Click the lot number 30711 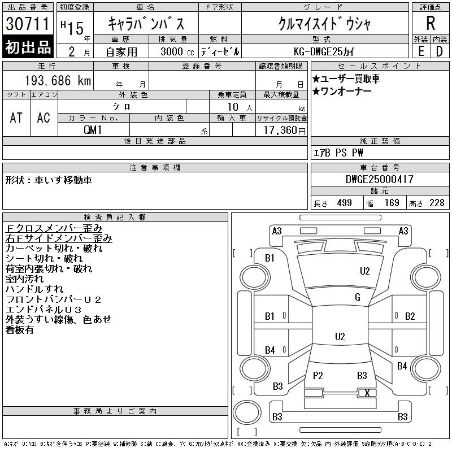(28, 24)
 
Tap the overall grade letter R (431, 23)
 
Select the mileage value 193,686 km (58, 81)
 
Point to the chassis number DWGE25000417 (379, 179)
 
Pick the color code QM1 (93, 130)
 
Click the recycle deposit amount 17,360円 (285, 131)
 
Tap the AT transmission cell (16, 118)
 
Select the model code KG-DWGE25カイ (324, 52)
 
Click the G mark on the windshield (358, 297)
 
